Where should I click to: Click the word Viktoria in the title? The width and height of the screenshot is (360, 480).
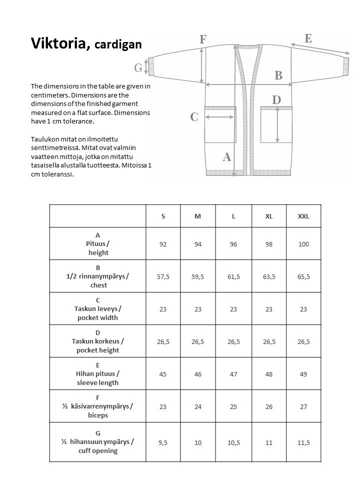60,43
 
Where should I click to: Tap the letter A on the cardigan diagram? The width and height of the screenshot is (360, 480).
226,157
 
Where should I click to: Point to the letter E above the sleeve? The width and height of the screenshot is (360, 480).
308,38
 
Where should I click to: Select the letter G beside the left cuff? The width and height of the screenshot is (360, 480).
138,67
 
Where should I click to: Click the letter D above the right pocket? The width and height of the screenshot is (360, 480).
276,100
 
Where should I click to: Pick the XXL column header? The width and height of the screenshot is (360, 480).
303,216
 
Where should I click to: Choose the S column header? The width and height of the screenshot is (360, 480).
163,216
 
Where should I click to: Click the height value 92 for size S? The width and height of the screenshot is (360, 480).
163,244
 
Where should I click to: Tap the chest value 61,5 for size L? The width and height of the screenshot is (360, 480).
233,276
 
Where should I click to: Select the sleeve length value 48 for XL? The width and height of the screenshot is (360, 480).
269,374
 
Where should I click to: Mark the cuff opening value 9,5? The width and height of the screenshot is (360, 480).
163,442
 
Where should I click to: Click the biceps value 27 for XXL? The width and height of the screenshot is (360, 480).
303,406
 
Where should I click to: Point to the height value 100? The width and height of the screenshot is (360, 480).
303,244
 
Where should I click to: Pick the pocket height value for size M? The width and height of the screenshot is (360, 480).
198,341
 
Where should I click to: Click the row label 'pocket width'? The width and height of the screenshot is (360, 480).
98,317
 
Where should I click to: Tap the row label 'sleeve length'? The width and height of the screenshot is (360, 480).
98,382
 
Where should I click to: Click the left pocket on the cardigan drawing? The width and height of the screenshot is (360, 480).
220,125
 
